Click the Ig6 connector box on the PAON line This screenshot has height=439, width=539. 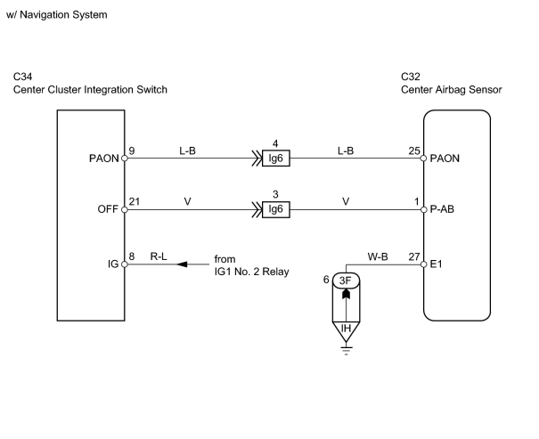coord(275,159)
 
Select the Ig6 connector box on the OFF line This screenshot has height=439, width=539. coord(275,209)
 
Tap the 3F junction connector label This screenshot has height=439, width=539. coord(346,280)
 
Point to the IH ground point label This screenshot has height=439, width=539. coord(346,329)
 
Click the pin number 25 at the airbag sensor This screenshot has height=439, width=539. coord(414,150)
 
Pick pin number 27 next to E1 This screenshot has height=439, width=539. coord(414,256)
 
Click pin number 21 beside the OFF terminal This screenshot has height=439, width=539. coord(135,201)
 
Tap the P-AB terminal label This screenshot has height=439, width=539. coord(442,209)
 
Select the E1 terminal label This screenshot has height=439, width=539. coord(437,264)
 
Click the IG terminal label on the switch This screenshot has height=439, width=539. coord(113,264)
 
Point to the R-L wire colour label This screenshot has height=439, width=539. coord(159,256)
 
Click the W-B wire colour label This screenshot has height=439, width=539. coord(378,256)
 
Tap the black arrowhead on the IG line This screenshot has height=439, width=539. coord(182,264)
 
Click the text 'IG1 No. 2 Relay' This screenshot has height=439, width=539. coord(251,272)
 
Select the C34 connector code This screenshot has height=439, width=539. coord(22,77)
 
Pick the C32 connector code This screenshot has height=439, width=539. coord(411,77)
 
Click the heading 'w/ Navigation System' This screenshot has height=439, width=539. coord(57,15)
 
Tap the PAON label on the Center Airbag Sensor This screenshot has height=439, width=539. coord(445,159)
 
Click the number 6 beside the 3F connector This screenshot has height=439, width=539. coord(326,280)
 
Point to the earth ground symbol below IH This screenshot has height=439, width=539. coord(346,351)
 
